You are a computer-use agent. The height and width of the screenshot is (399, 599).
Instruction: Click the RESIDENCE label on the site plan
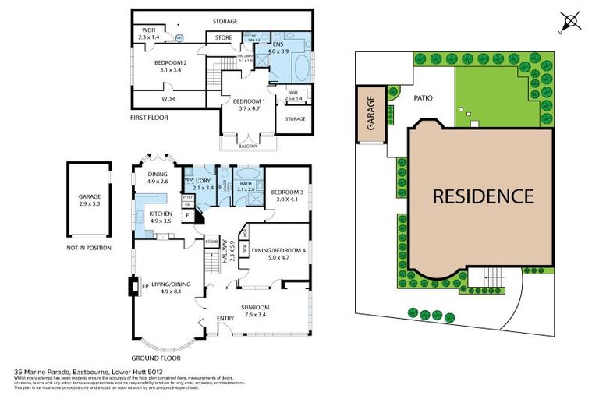click(484, 196)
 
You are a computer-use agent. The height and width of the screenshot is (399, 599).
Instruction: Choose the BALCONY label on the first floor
click(250, 143)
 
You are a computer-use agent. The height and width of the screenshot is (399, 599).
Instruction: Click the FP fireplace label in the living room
click(145, 286)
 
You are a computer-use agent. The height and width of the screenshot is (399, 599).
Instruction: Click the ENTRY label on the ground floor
click(225, 318)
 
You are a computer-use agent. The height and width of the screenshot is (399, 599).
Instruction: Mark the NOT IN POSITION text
click(90, 248)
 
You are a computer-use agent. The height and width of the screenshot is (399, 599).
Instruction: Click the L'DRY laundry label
click(203, 181)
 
